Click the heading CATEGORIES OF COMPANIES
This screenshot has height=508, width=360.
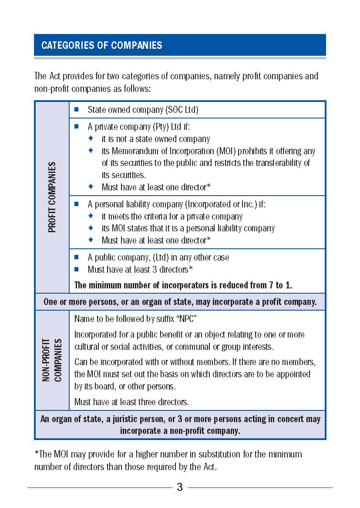coord(102,45)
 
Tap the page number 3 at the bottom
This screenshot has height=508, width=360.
coord(180,487)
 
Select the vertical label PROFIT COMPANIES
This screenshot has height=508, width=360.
coord(52,197)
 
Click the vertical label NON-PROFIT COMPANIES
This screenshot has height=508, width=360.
coord(52,360)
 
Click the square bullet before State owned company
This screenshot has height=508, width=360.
coord(77,109)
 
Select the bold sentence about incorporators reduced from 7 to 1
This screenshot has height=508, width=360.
coord(183,285)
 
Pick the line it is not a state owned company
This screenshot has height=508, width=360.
coord(155,139)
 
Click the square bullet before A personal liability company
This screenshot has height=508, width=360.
coord(77,204)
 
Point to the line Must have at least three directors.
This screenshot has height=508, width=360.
coord(131,402)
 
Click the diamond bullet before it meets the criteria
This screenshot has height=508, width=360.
coord(91,216)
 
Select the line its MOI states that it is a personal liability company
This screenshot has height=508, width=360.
coord(188,228)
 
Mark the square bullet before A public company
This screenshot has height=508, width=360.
coord(77,257)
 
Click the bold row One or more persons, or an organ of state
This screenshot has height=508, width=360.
coord(180,302)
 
